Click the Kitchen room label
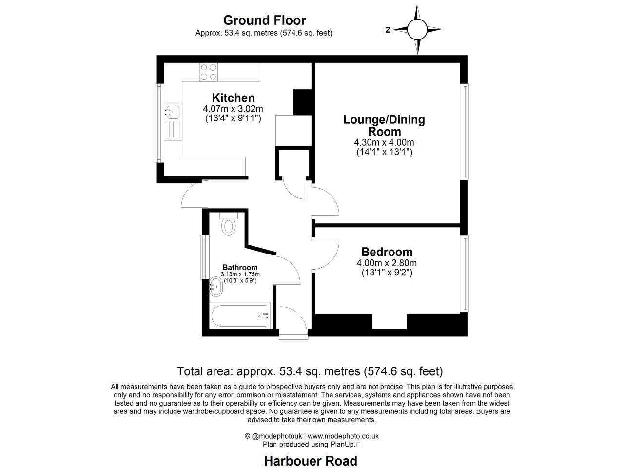point(233,98)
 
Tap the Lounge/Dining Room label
point(384,125)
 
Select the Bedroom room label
point(387,252)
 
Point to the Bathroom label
point(240,267)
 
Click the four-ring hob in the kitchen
point(209,72)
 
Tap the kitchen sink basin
point(172,113)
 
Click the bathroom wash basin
point(215,287)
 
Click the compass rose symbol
point(417,29)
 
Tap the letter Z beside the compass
point(388,30)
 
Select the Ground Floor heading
point(264,20)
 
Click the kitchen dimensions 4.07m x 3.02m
point(233,109)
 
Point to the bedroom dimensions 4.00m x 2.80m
point(387,263)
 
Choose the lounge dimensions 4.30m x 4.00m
point(384,142)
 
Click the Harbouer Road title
point(311,461)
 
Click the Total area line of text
point(310,371)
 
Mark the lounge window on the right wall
point(466,132)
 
